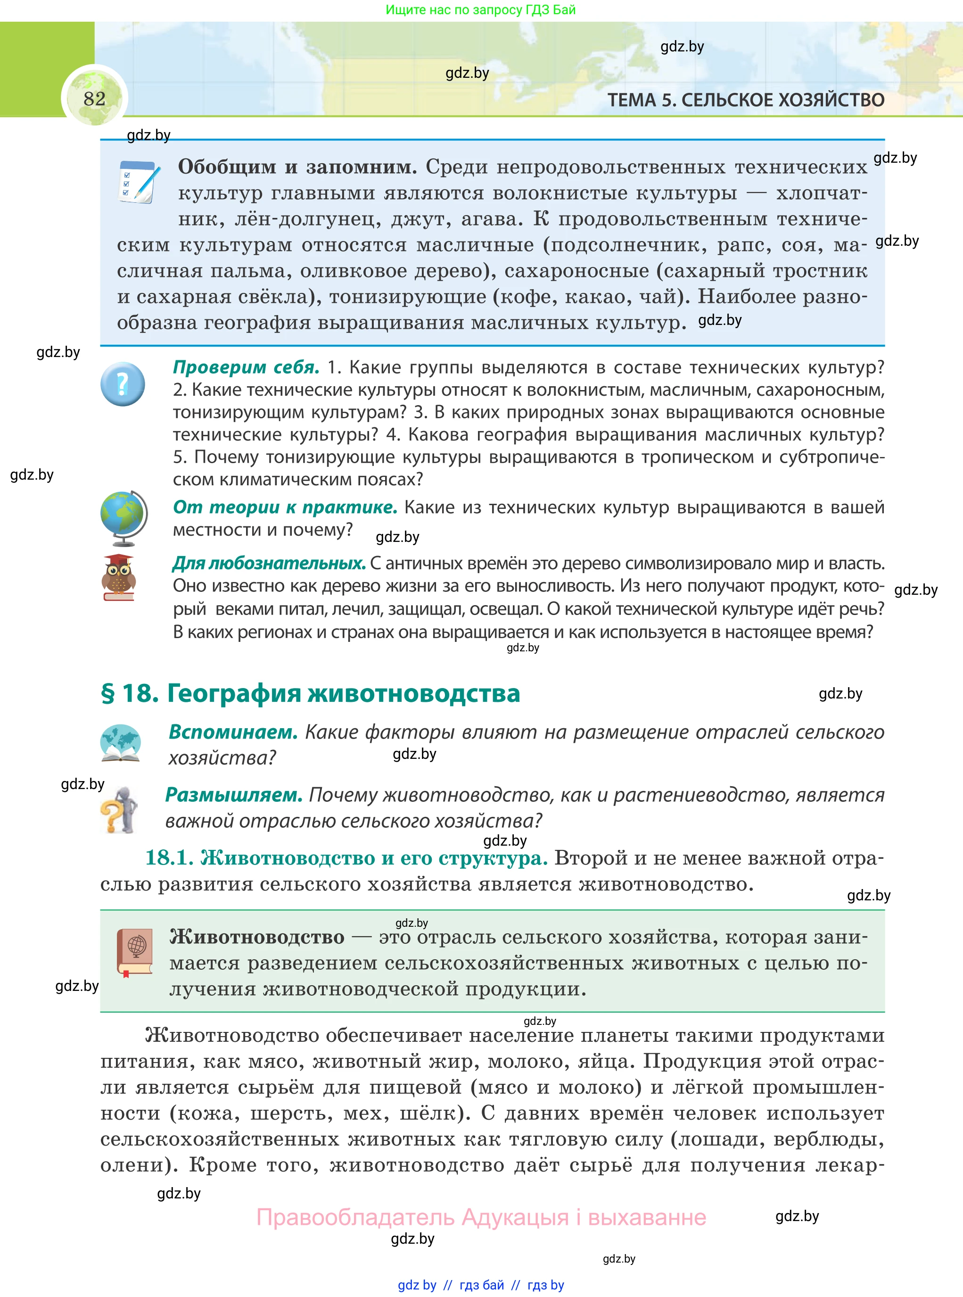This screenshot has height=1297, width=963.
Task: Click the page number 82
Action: point(94,99)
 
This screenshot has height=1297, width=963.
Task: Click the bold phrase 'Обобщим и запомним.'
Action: point(297,167)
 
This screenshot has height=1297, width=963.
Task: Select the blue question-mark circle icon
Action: point(123,384)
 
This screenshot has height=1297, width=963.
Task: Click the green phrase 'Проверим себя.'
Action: point(246,367)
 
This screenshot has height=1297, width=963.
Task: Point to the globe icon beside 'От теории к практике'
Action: point(123,518)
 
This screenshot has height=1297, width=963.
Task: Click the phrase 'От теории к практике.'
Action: point(285,507)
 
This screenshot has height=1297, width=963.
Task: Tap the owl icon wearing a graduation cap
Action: point(118,577)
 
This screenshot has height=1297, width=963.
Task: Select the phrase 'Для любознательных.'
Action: point(269,563)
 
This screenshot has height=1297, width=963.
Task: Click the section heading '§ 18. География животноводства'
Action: point(310,693)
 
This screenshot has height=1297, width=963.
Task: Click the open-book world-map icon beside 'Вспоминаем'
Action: point(120,744)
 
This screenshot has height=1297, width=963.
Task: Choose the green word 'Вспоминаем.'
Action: point(233,732)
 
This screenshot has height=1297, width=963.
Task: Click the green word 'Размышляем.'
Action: point(234,795)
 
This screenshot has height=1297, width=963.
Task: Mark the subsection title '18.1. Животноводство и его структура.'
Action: point(346,858)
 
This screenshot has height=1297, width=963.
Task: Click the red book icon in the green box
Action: point(135,952)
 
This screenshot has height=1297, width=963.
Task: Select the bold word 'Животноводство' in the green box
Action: point(257,937)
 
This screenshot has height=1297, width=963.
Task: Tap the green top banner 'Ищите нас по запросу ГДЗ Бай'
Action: point(480,10)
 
